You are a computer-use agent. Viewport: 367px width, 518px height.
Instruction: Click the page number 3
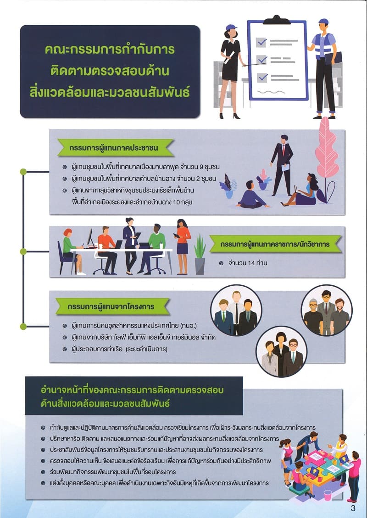point(353,508)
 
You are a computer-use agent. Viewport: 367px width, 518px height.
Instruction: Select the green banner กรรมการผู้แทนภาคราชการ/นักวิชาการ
point(275,244)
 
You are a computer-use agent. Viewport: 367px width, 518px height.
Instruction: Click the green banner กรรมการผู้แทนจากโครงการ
point(110,306)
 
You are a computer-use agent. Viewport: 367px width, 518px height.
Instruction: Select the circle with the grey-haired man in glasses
point(326,310)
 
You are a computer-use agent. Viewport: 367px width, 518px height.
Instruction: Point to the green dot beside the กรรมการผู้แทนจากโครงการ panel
point(23,326)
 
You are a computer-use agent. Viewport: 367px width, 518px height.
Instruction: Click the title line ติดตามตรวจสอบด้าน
point(110,71)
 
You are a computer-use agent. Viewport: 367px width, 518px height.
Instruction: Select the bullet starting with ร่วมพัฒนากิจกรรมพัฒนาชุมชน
point(108,471)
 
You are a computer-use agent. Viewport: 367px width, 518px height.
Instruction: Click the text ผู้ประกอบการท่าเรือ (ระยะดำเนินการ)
point(119,349)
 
